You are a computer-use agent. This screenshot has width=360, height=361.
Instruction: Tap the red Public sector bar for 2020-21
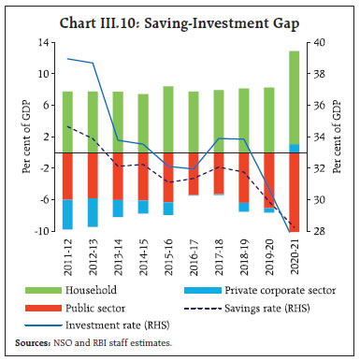(x=294, y=187)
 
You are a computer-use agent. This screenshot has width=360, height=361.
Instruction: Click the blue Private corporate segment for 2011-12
(x=66, y=214)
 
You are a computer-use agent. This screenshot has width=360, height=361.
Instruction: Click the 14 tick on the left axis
(x=42, y=43)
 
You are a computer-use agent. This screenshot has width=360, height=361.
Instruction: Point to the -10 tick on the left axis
(x=40, y=231)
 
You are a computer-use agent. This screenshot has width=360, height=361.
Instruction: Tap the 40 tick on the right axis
(x=319, y=43)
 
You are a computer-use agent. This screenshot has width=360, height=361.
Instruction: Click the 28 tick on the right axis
(x=319, y=231)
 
